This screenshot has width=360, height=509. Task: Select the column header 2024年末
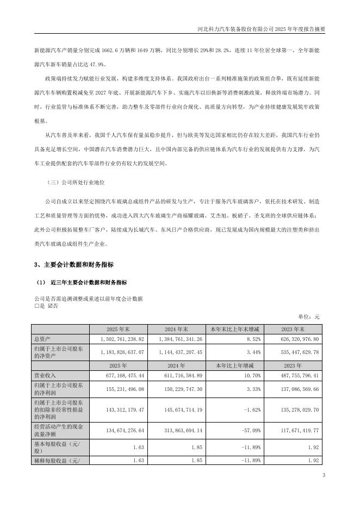pos(176,328)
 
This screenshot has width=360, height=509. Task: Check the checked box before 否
pos(50,306)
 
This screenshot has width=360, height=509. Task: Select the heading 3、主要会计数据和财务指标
pos(73,265)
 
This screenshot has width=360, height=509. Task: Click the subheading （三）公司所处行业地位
pos(76,183)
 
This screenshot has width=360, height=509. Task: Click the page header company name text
pos(260,29)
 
